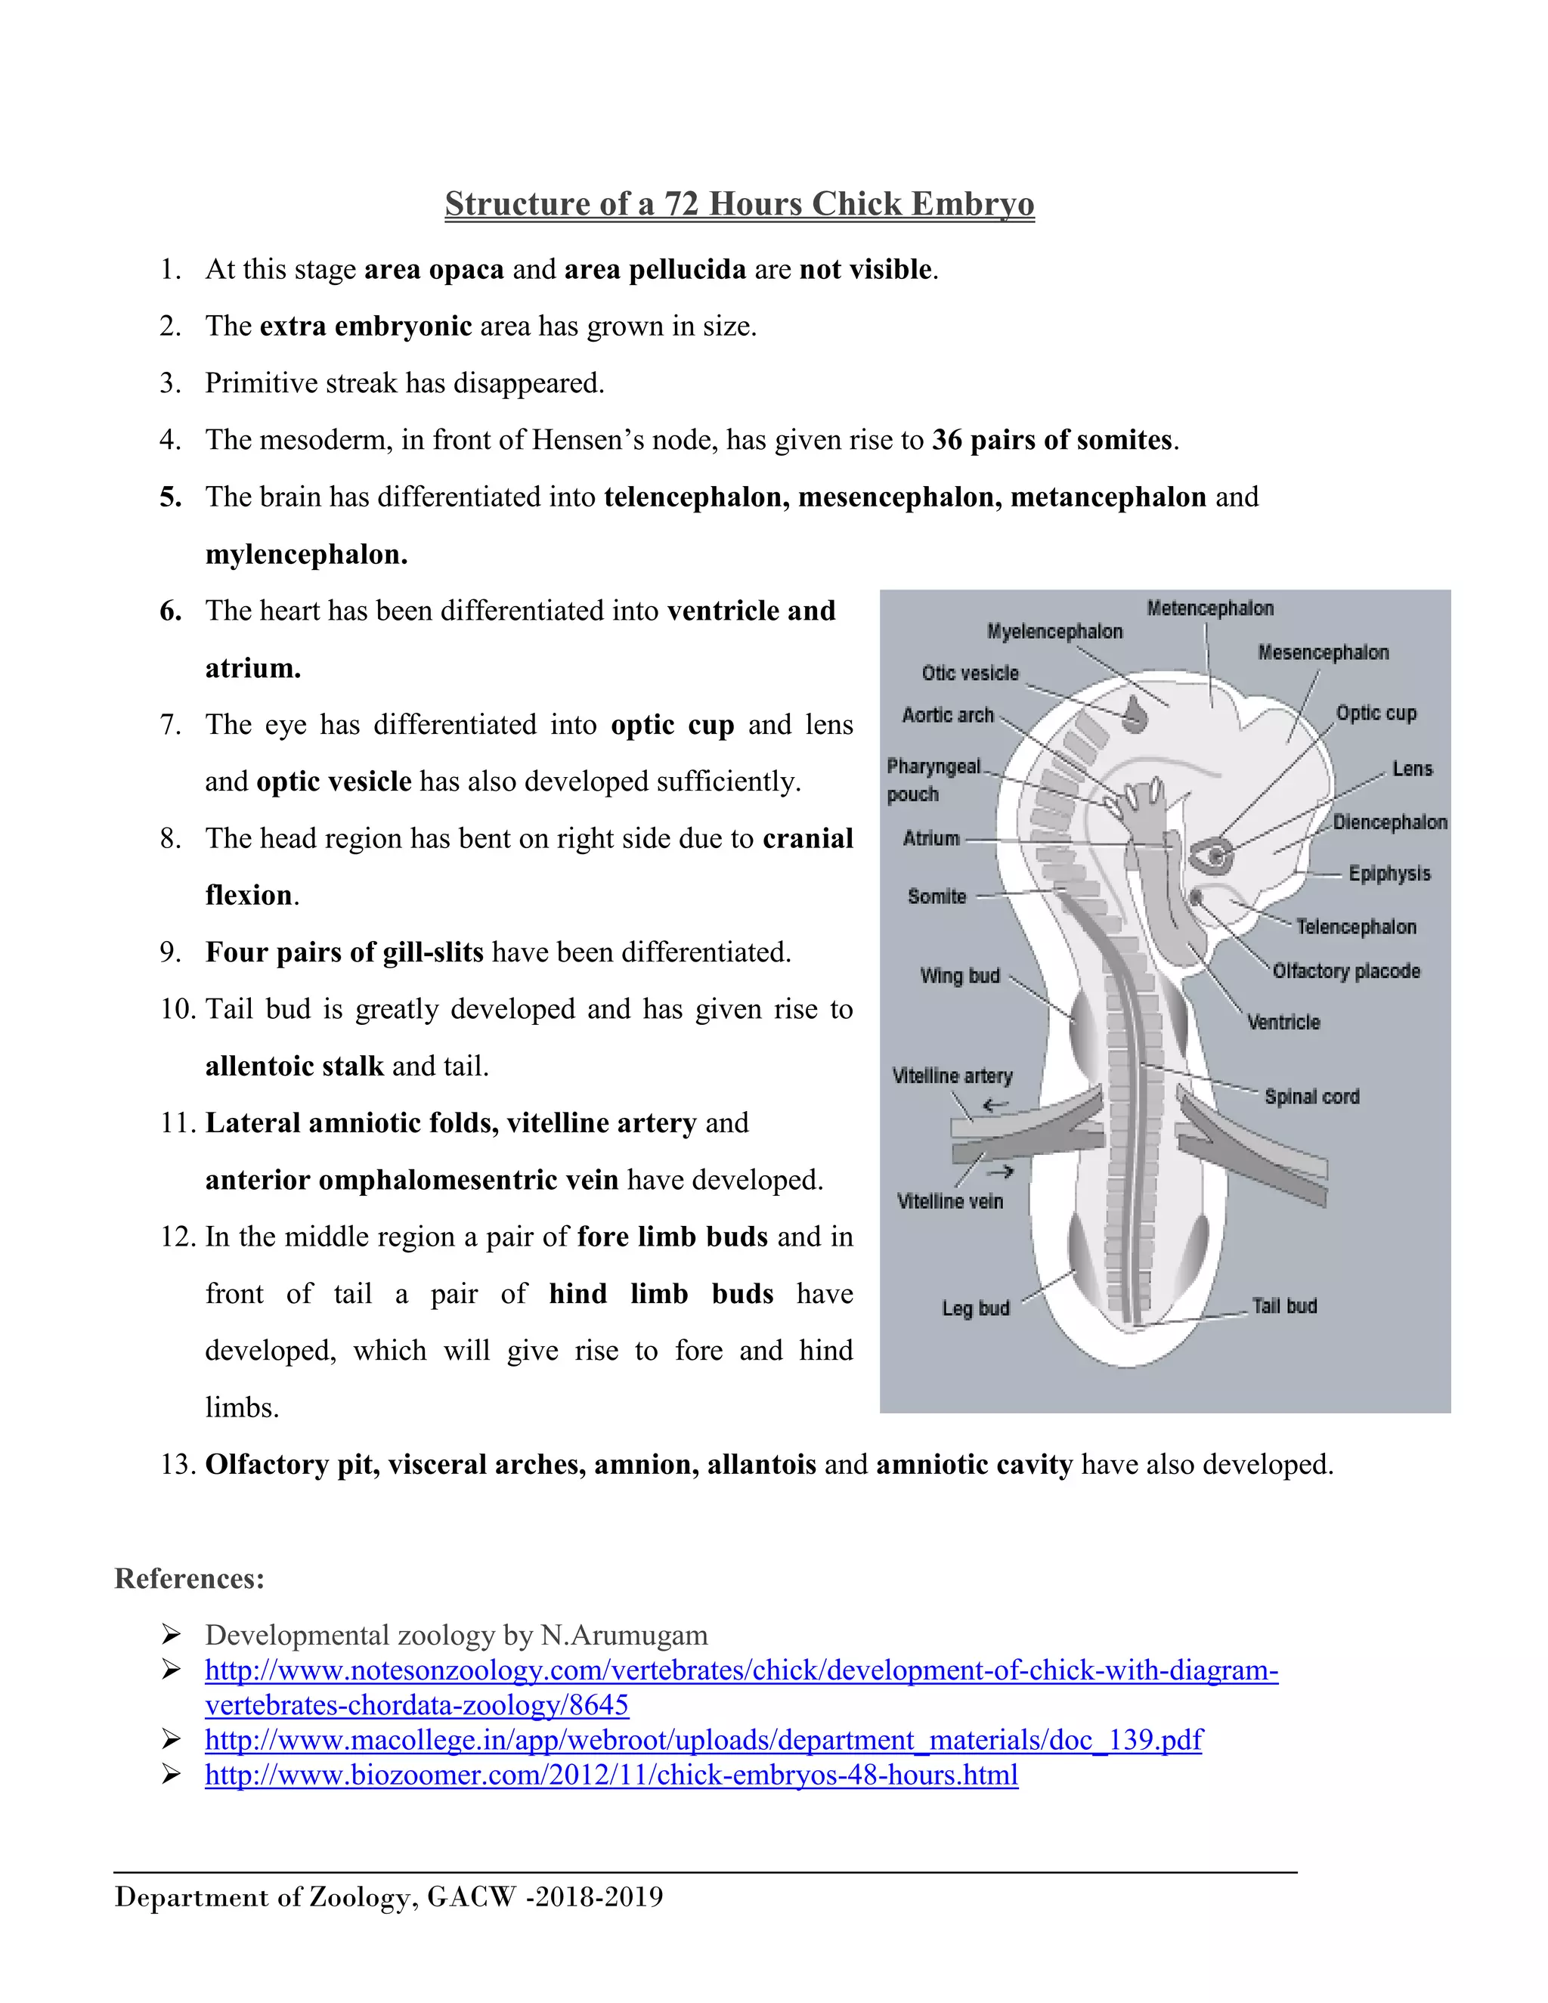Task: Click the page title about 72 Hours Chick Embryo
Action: pyautogui.click(x=739, y=203)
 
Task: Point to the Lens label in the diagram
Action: pyautogui.click(x=1411, y=769)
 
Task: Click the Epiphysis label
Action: pyautogui.click(x=1389, y=873)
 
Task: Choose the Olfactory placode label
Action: pyautogui.click(x=1345, y=971)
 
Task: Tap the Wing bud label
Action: pyautogui.click(x=959, y=976)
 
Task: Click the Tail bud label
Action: pyautogui.click(x=1284, y=1306)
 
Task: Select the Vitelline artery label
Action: pyautogui.click(x=952, y=1076)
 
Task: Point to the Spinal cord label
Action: pyautogui.click(x=1311, y=1096)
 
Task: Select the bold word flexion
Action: pyautogui.click(x=249, y=895)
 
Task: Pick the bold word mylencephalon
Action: pyautogui.click(x=306, y=555)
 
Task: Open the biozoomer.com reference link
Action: pyautogui.click(x=611, y=1775)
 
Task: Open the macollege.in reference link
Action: pyautogui.click(x=702, y=1740)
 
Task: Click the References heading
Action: pyautogui.click(x=190, y=1578)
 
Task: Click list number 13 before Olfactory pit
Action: pyautogui.click(x=178, y=1465)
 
